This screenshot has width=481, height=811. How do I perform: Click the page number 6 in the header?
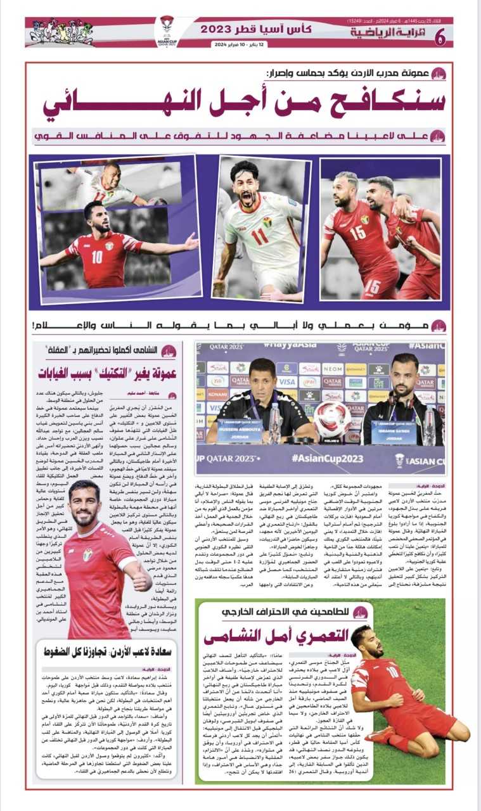click(440, 37)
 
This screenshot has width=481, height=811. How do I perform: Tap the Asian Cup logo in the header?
click(167, 30)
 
